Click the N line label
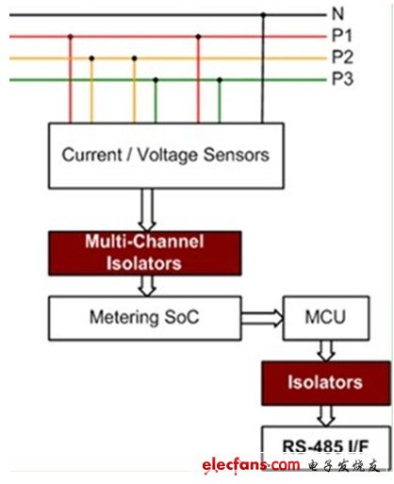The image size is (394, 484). click(x=337, y=14)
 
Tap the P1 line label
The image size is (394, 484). click(x=342, y=35)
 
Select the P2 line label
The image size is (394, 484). click(x=342, y=57)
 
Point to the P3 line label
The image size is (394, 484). click(x=342, y=78)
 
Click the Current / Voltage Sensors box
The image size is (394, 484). click(x=166, y=156)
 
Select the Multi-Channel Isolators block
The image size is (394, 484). click(x=145, y=253)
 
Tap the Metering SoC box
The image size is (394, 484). click(x=145, y=318)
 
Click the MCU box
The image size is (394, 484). click(x=326, y=318)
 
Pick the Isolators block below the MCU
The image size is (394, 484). click(x=326, y=383)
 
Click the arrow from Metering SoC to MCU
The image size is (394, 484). click(x=262, y=318)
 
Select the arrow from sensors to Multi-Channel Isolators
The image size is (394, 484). click(x=147, y=209)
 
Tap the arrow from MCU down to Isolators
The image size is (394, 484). click(x=326, y=351)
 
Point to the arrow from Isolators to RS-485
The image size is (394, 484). click(x=326, y=416)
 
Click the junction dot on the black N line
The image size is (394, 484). click(x=263, y=15)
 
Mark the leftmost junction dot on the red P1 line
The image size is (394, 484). click(x=71, y=37)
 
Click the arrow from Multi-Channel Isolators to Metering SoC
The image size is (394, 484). click(x=147, y=286)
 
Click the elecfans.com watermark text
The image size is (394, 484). click(x=251, y=465)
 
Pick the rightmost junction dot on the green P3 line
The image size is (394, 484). click(x=220, y=80)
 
